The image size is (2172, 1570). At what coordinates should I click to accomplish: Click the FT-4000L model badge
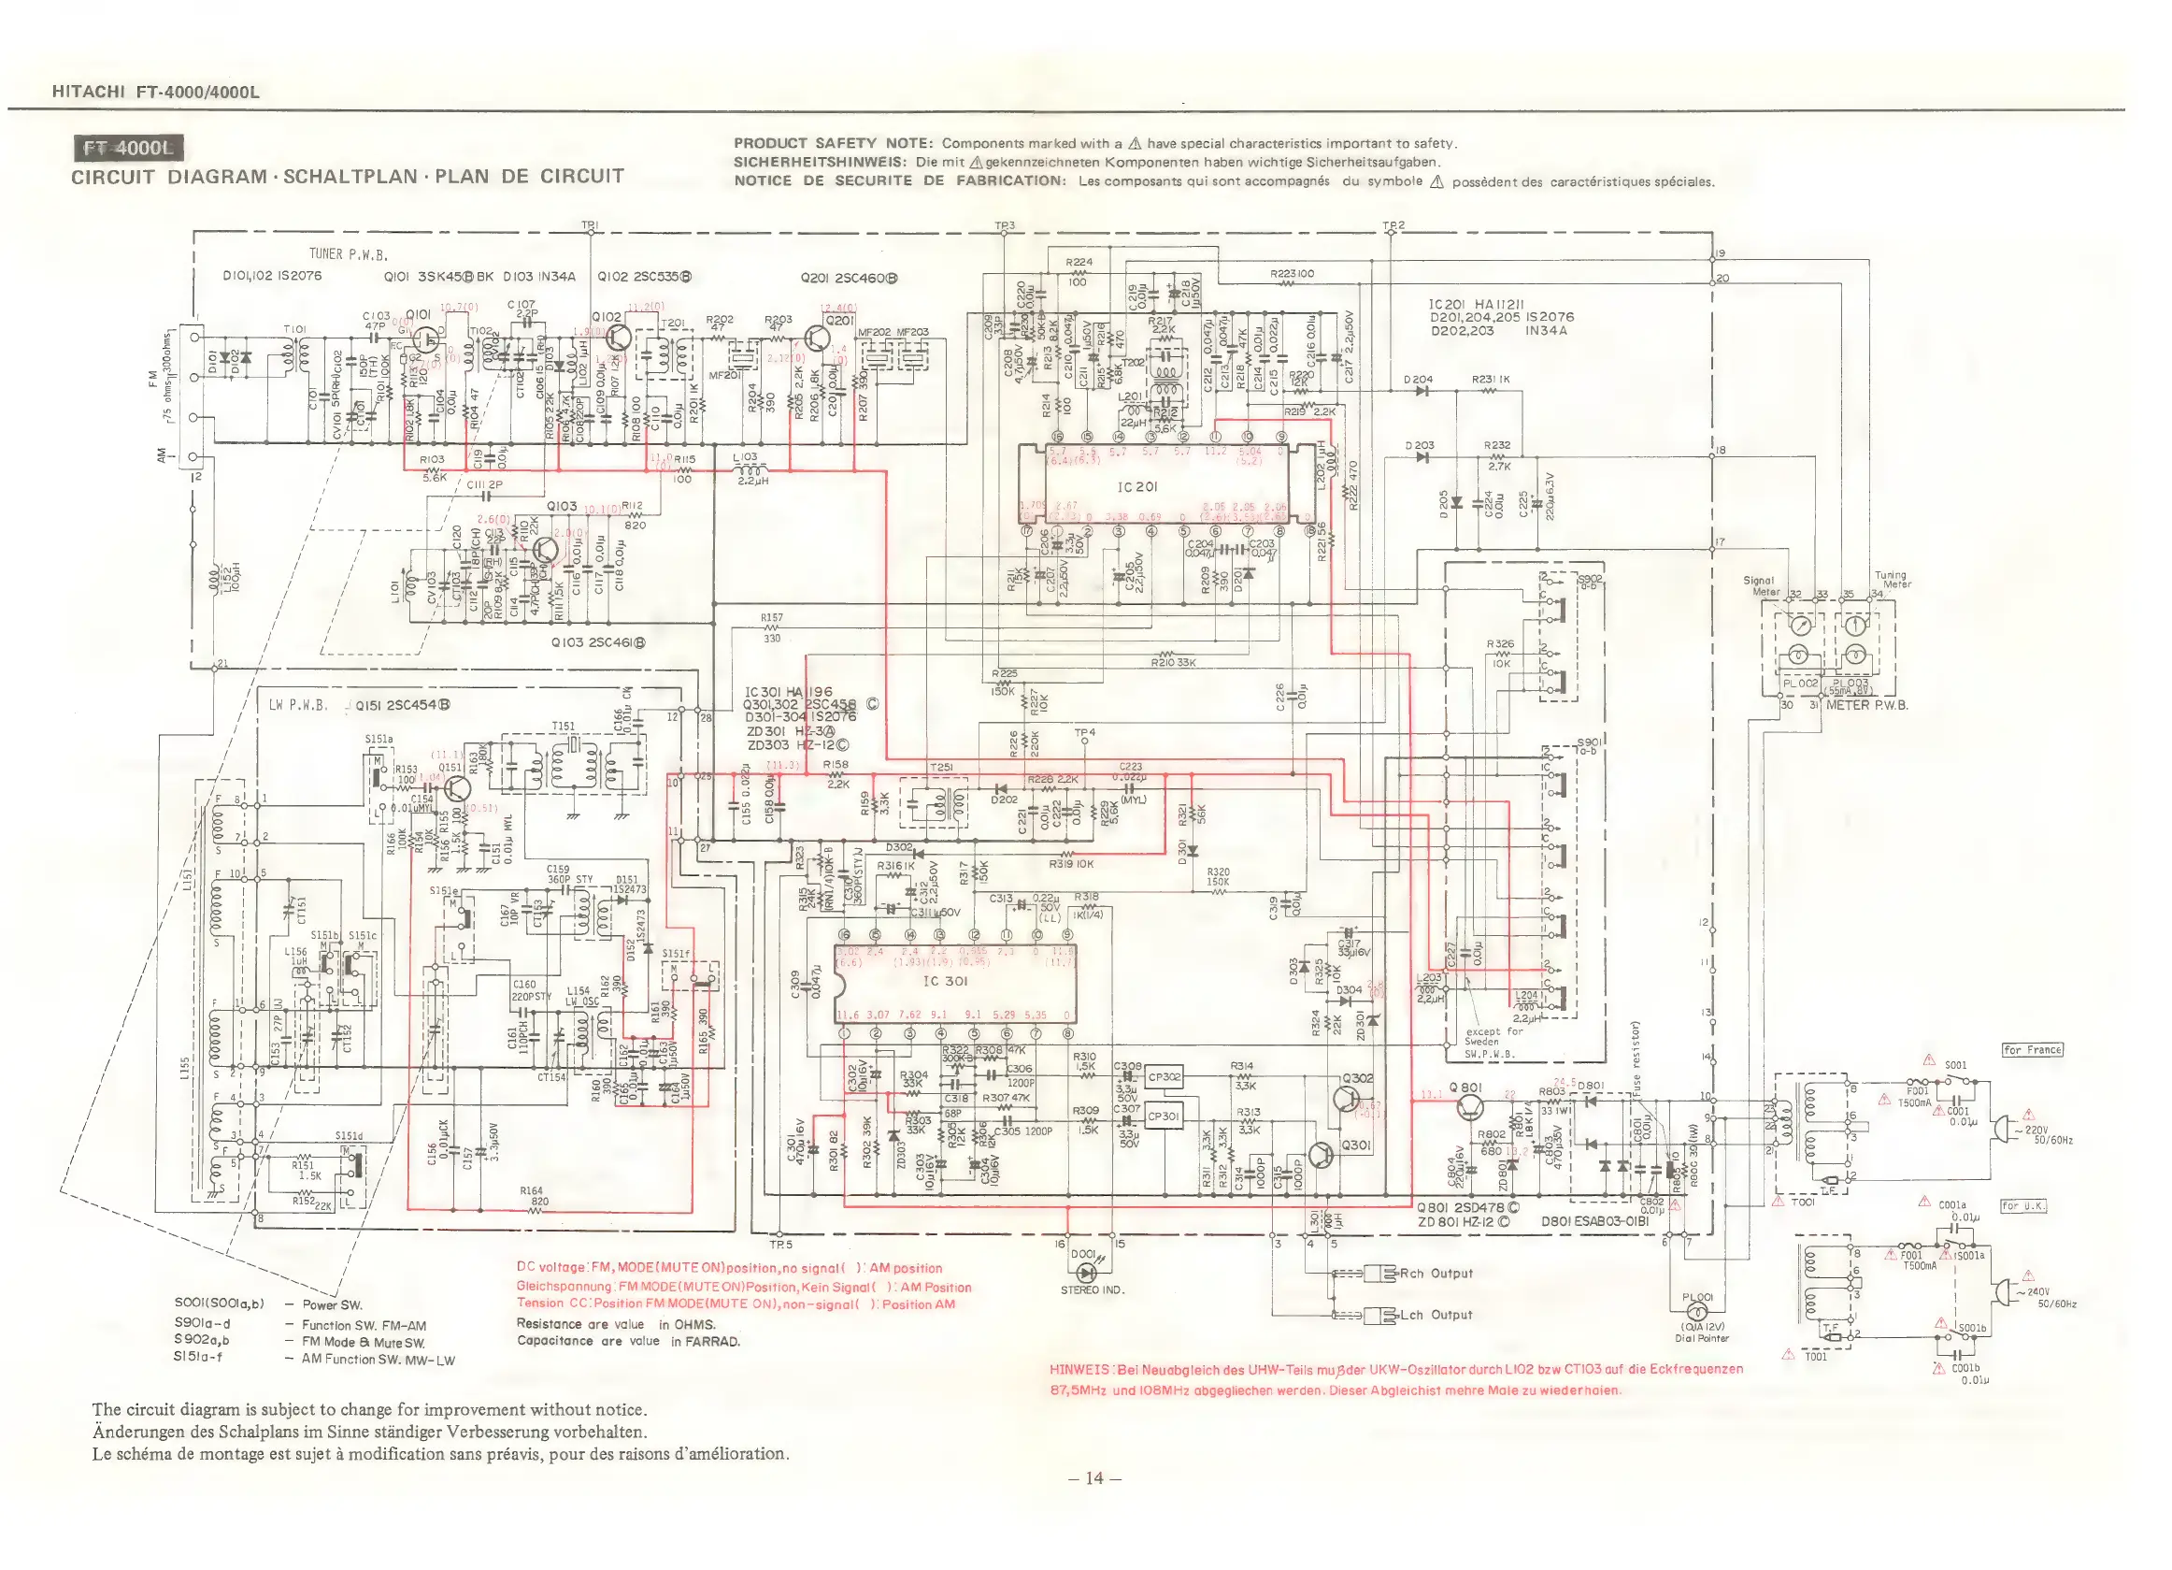[x=128, y=149]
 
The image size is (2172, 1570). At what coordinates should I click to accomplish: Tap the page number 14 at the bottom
[x=1093, y=1478]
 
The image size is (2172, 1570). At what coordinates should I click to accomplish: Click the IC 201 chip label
[x=1136, y=486]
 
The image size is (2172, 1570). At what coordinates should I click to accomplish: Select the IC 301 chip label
[x=944, y=981]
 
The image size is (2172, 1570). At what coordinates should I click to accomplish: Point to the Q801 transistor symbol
[x=1469, y=1107]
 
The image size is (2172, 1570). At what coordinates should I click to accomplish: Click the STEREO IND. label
[x=1092, y=1290]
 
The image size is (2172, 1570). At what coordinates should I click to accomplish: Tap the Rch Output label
[x=1436, y=1274]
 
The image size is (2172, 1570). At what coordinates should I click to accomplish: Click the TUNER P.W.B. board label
[x=348, y=253]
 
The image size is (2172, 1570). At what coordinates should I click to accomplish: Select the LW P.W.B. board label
[x=298, y=705]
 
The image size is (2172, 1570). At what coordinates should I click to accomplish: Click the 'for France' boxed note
[x=2032, y=1050]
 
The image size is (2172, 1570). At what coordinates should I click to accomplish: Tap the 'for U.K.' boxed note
[x=2022, y=1206]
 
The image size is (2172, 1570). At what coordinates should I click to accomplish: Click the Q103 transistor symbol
[x=546, y=551]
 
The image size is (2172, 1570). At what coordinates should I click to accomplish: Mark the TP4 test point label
[x=1084, y=733]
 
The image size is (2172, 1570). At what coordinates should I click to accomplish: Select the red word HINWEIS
[x=1079, y=1369]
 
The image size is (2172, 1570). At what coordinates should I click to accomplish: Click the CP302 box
[x=1164, y=1076]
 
